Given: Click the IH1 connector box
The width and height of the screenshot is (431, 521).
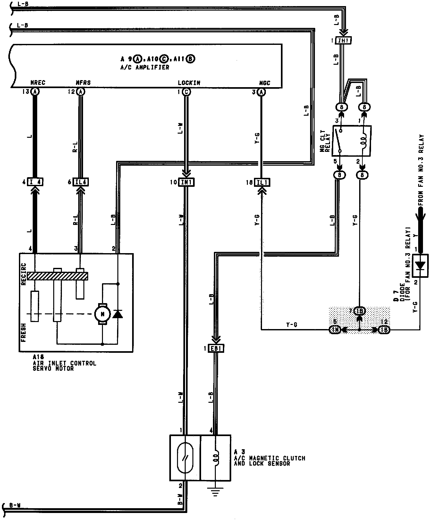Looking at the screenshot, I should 343,41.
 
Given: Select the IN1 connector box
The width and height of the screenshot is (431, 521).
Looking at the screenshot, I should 186,182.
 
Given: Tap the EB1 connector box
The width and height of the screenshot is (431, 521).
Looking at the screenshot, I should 216,348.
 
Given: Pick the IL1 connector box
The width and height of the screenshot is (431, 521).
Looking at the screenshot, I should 262,182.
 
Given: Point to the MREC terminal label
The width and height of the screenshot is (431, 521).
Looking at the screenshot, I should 38,83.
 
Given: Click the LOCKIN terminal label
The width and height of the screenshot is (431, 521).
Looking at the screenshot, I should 189,83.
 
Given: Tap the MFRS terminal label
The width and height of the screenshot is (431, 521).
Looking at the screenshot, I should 83,83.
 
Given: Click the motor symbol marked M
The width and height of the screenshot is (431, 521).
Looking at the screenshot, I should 102,314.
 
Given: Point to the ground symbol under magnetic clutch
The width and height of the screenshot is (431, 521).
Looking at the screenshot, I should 216,492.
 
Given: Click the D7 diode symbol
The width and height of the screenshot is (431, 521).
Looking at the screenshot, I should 420,266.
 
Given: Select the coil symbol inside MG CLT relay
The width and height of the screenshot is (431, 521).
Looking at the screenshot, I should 363,140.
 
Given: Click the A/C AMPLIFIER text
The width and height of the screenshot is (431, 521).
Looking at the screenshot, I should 145,68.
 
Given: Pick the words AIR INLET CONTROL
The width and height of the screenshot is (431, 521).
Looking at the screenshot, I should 64,363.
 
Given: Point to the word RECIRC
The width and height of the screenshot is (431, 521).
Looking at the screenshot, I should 23,274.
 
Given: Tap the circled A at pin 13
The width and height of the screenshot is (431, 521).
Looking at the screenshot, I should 35,92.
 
